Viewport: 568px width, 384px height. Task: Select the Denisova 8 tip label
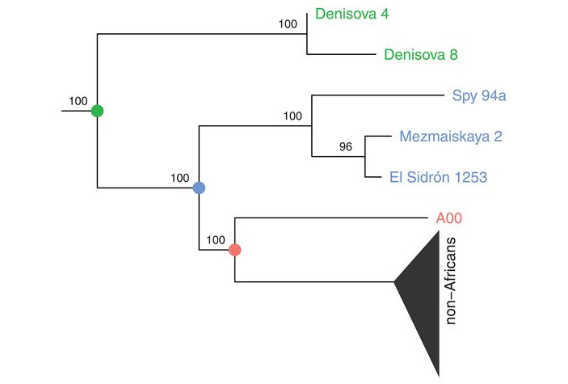[x=415, y=56]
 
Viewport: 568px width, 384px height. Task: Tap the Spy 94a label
[x=479, y=97]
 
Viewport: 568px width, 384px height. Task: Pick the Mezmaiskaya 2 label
[x=450, y=137]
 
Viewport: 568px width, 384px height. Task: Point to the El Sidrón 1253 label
[x=438, y=177]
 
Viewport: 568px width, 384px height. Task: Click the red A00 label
[x=448, y=217]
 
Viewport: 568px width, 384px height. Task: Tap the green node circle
[x=97, y=111]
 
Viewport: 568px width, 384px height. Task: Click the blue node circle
[x=199, y=188]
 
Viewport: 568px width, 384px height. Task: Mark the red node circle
[x=234, y=249]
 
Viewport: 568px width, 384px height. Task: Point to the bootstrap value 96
[x=346, y=147]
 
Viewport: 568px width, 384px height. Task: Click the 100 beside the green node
[x=78, y=101]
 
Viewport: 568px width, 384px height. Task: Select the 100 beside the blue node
[x=180, y=177]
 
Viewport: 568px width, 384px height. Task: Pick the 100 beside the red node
[x=216, y=239]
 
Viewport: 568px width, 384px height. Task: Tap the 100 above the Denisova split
[x=288, y=24]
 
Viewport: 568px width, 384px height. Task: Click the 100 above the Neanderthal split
[x=292, y=116]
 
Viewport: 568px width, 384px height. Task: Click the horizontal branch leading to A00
[x=331, y=217]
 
